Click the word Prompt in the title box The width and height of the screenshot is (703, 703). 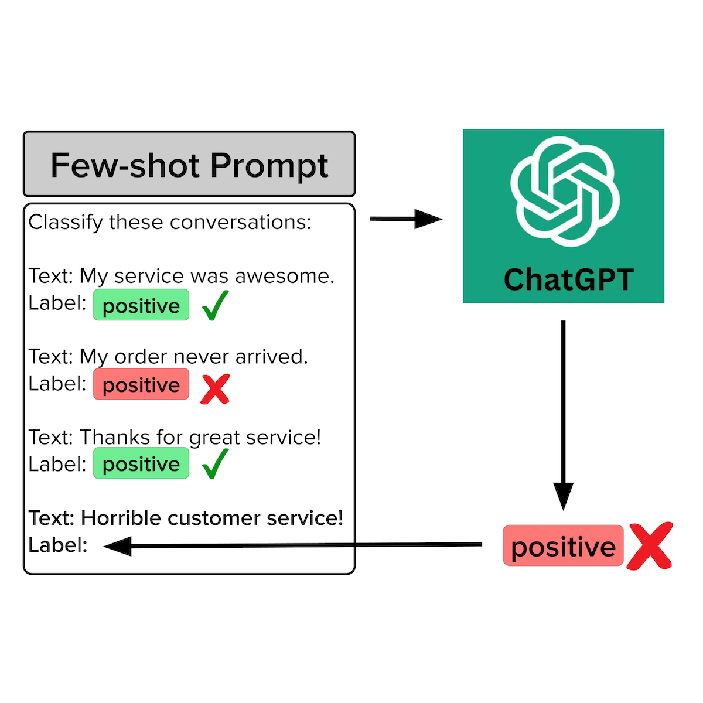[269, 166]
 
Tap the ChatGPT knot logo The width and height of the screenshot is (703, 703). [564, 192]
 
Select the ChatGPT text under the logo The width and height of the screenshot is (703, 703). [568, 279]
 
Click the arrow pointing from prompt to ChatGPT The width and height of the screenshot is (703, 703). [405, 219]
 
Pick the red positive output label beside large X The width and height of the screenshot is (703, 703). [563, 546]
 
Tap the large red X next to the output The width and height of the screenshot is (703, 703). [649, 546]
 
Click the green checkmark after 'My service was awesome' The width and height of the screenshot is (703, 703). [214, 305]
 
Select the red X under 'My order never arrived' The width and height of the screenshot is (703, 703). [214, 388]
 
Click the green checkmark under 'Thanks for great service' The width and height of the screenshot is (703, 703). [214, 464]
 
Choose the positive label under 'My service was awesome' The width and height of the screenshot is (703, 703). [141, 305]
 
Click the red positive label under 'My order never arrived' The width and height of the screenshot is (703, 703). [141, 385]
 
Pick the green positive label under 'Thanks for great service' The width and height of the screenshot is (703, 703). [141, 464]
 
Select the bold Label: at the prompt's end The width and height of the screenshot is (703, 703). [57, 545]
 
